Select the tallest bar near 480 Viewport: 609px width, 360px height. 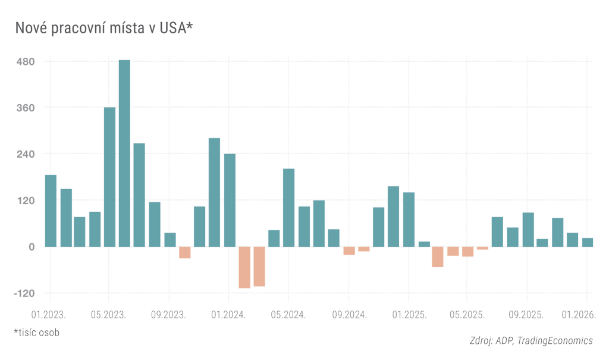(x=124, y=153)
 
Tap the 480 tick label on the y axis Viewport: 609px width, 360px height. (x=26, y=61)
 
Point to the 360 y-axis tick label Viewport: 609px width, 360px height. (x=26, y=108)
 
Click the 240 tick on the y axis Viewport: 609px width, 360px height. (x=26, y=154)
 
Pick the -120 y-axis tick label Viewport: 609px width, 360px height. (x=24, y=293)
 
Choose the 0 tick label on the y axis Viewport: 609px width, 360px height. (x=32, y=247)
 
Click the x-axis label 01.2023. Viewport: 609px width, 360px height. (x=48, y=313)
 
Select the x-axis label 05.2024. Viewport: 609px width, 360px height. (x=288, y=313)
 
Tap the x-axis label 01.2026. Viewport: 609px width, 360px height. (x=579, y=313)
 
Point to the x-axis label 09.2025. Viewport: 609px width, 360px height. (x=526, y=313)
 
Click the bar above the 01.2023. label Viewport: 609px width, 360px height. (x=51, y=211)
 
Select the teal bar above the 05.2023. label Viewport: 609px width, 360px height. (x=109, y=177)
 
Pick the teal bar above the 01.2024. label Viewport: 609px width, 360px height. (x=230, y=200)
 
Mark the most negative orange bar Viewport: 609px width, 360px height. (x=244, y=267)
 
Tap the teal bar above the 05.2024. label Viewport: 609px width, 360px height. (x=288, y=208)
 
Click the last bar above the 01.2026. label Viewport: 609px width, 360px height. (x=587, y=242)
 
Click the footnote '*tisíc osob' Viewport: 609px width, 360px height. (x=36, y=332)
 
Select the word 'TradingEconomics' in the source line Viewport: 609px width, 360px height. (x=555, y=340)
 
